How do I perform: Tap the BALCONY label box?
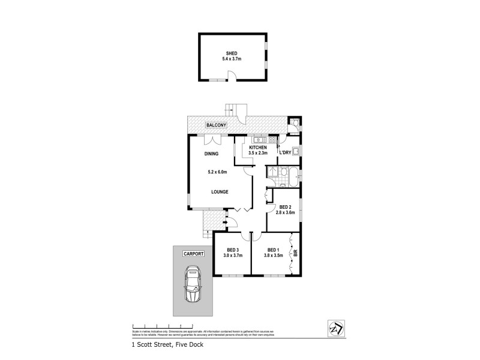pos(215,125)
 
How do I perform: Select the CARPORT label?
pos(194,254)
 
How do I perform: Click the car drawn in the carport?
pos(193,286)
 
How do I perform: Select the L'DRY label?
pos(284,153)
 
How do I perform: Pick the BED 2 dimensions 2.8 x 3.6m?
pos(285,213)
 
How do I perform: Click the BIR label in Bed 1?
pos(295,253)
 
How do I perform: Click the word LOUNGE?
pos(220,192)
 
